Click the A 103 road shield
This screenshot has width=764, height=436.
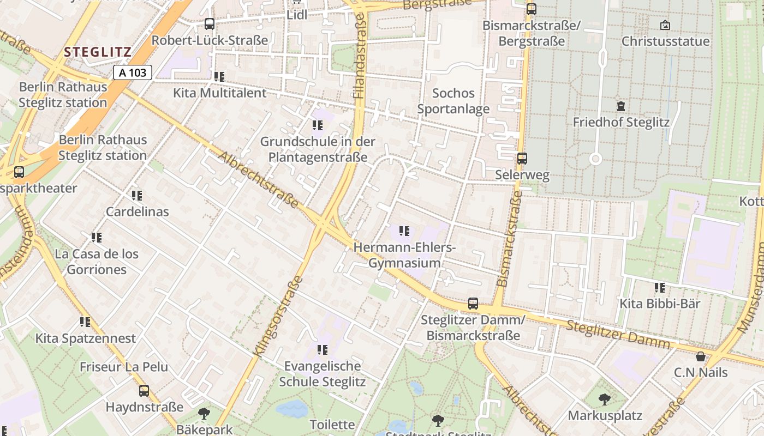pyautogui.click(x=133, y=72)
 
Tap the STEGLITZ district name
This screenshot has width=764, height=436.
pyautogui.click(x=98, y=52)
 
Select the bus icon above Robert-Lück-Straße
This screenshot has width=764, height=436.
pyautogui.click(x=210, y=24)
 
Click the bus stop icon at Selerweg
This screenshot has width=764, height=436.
pyautogui.click(x=522, y=159)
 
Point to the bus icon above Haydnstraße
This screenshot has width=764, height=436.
pyautogui.click(x=144, y=391)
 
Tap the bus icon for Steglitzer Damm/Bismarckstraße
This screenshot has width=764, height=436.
pyautogui.click(x=473, y=304)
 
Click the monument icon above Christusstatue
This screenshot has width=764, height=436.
pyautogui.click(x=665, y=25)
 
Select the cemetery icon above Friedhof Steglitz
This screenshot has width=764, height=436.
pyautogui.click(x=620, y=106)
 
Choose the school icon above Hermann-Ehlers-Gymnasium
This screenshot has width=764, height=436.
pyautogui.click(x=404, y=231)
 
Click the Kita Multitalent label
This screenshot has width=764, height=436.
pyautogui.click(x=220, y=93)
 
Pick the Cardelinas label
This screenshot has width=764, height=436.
pyautogui.click(x=138, y=211)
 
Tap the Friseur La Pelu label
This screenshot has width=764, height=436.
pyautogui.click(x=124, y=367)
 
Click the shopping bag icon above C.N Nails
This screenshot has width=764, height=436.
pyautogui.click(x=701, y=356)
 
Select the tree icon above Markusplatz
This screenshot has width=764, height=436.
pyautogui.click(x=605, y=399)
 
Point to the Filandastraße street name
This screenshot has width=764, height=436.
pyautogui.click(x=360, y=56)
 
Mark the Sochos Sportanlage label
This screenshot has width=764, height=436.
pyautogui.click(x=453, y=101)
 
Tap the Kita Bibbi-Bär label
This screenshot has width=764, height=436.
pyautogui.click(x=660, y=304)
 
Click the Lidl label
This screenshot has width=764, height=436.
pyautogui.click(x=297, y=15)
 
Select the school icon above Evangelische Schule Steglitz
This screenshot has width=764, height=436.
pyautogui.click(x=323, y=349)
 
